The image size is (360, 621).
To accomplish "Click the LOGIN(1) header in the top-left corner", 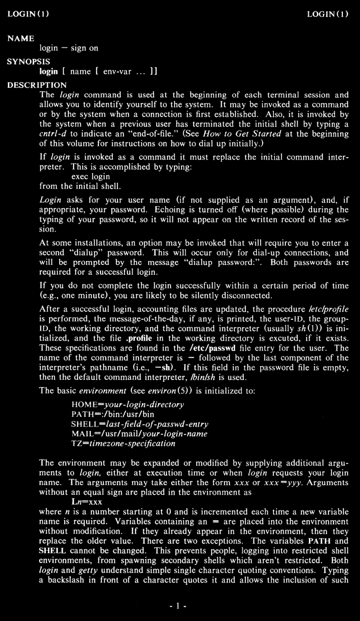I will (x=28, y=14).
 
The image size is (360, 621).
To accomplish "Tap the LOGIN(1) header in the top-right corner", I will (x=328, y=14).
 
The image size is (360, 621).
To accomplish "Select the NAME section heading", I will (x=21, y=39).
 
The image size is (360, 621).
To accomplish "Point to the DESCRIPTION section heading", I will (x=37, y=85).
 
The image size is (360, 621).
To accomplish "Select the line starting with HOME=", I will (x=127, y=405).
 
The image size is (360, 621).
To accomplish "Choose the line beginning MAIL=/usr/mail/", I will (x=139, y=434).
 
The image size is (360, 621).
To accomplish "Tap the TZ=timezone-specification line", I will (x=123, y=443).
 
